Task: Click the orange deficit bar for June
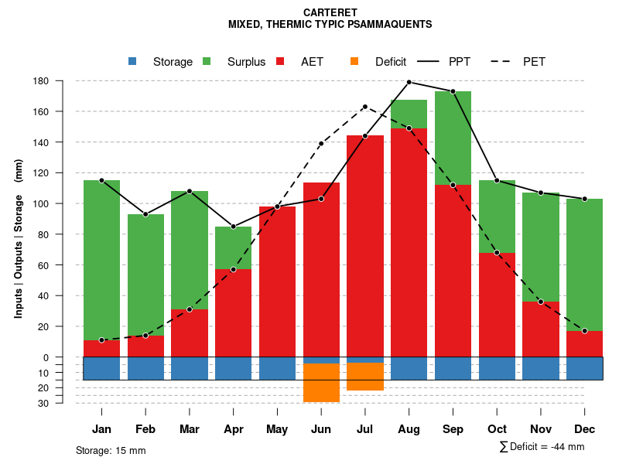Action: coord(321,382)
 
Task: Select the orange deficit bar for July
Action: coord(365,377)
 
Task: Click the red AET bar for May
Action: coord(277,281)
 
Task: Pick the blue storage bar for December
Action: coord(584,368)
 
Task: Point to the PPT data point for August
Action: coord(409,82)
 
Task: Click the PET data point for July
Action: coord(365,107)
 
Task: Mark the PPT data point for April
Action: coord(233,227)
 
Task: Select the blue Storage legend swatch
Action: coord(133,61)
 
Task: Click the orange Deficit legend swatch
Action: coord(354,61)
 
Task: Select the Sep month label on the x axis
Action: coord(453,429)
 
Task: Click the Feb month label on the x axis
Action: coord(145,429)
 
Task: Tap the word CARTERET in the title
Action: coord(330,13)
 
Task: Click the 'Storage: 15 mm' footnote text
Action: coord(111,450)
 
